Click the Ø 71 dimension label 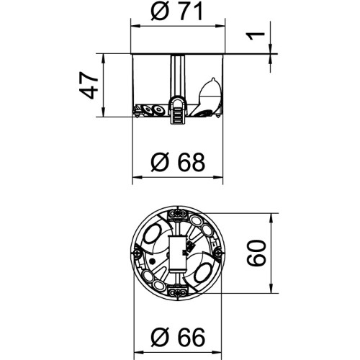[177, 12]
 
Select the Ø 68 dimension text [178, 162]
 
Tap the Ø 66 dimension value [178, 336]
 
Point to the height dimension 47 [89, 86]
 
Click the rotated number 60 [257, 253]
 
